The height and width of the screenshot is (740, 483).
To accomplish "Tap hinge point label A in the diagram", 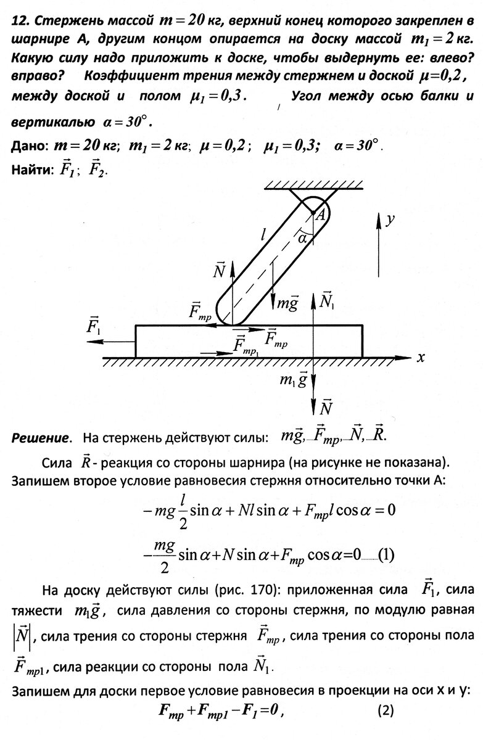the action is pyautogui.click(x=321, y=215).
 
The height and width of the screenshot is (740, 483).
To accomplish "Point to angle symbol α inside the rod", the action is pyautogui.click(x=303, y=238).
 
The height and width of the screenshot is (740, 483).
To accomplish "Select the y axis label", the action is pyautogui.click(x=390, y=220).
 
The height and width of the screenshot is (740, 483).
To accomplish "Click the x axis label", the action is pyautogui.click(x=421, y=358).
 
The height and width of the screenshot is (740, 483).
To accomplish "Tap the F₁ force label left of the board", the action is pyautogui.click(x=94, y=326).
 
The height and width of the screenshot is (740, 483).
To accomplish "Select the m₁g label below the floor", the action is pyautogui.click(x=294, y=380).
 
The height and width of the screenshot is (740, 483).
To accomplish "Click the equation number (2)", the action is pyautogui.click(x=385, y=727).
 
